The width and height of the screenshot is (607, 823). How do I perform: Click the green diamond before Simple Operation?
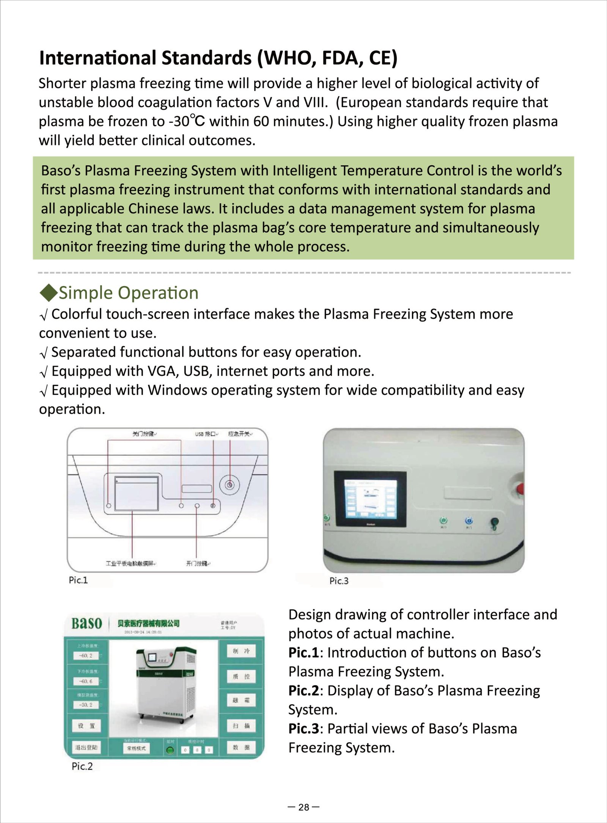click(x=48, y=293)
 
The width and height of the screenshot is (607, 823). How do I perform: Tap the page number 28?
click(x=303, y=807)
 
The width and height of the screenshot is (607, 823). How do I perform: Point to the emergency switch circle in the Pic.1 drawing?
click(x=230, y=485)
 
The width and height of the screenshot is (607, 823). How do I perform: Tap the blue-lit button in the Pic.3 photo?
click(x=469, y=521)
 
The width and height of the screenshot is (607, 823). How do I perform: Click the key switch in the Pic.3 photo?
click(x=494, y=524)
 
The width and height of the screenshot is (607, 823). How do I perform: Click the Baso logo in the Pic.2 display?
click(x=87, y=623)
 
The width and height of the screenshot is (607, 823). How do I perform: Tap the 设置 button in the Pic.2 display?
click(x=86, y=726)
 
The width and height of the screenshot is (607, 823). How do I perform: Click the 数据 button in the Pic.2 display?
click(x=241, y=748)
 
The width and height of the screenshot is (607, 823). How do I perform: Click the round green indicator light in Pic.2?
click(x=170, y=749)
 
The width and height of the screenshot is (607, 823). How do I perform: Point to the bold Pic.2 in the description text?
click(x=304, y=691)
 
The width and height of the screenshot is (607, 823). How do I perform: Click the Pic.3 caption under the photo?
click(x=339, y=581)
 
